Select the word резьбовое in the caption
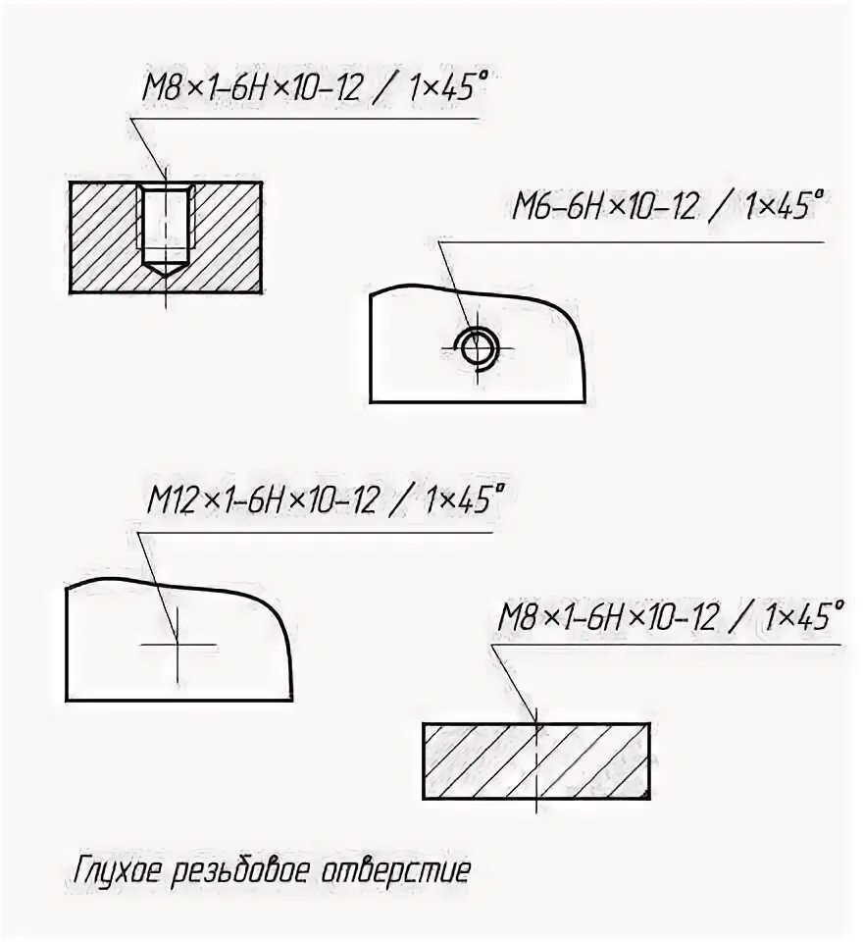point(247,870)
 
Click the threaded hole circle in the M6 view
point(478,346)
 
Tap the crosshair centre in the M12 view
point(177,645)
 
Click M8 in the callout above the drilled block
point(160,89)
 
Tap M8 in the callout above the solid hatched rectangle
point(516,618)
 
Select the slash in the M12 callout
point(401,501)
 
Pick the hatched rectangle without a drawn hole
point(536,761)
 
